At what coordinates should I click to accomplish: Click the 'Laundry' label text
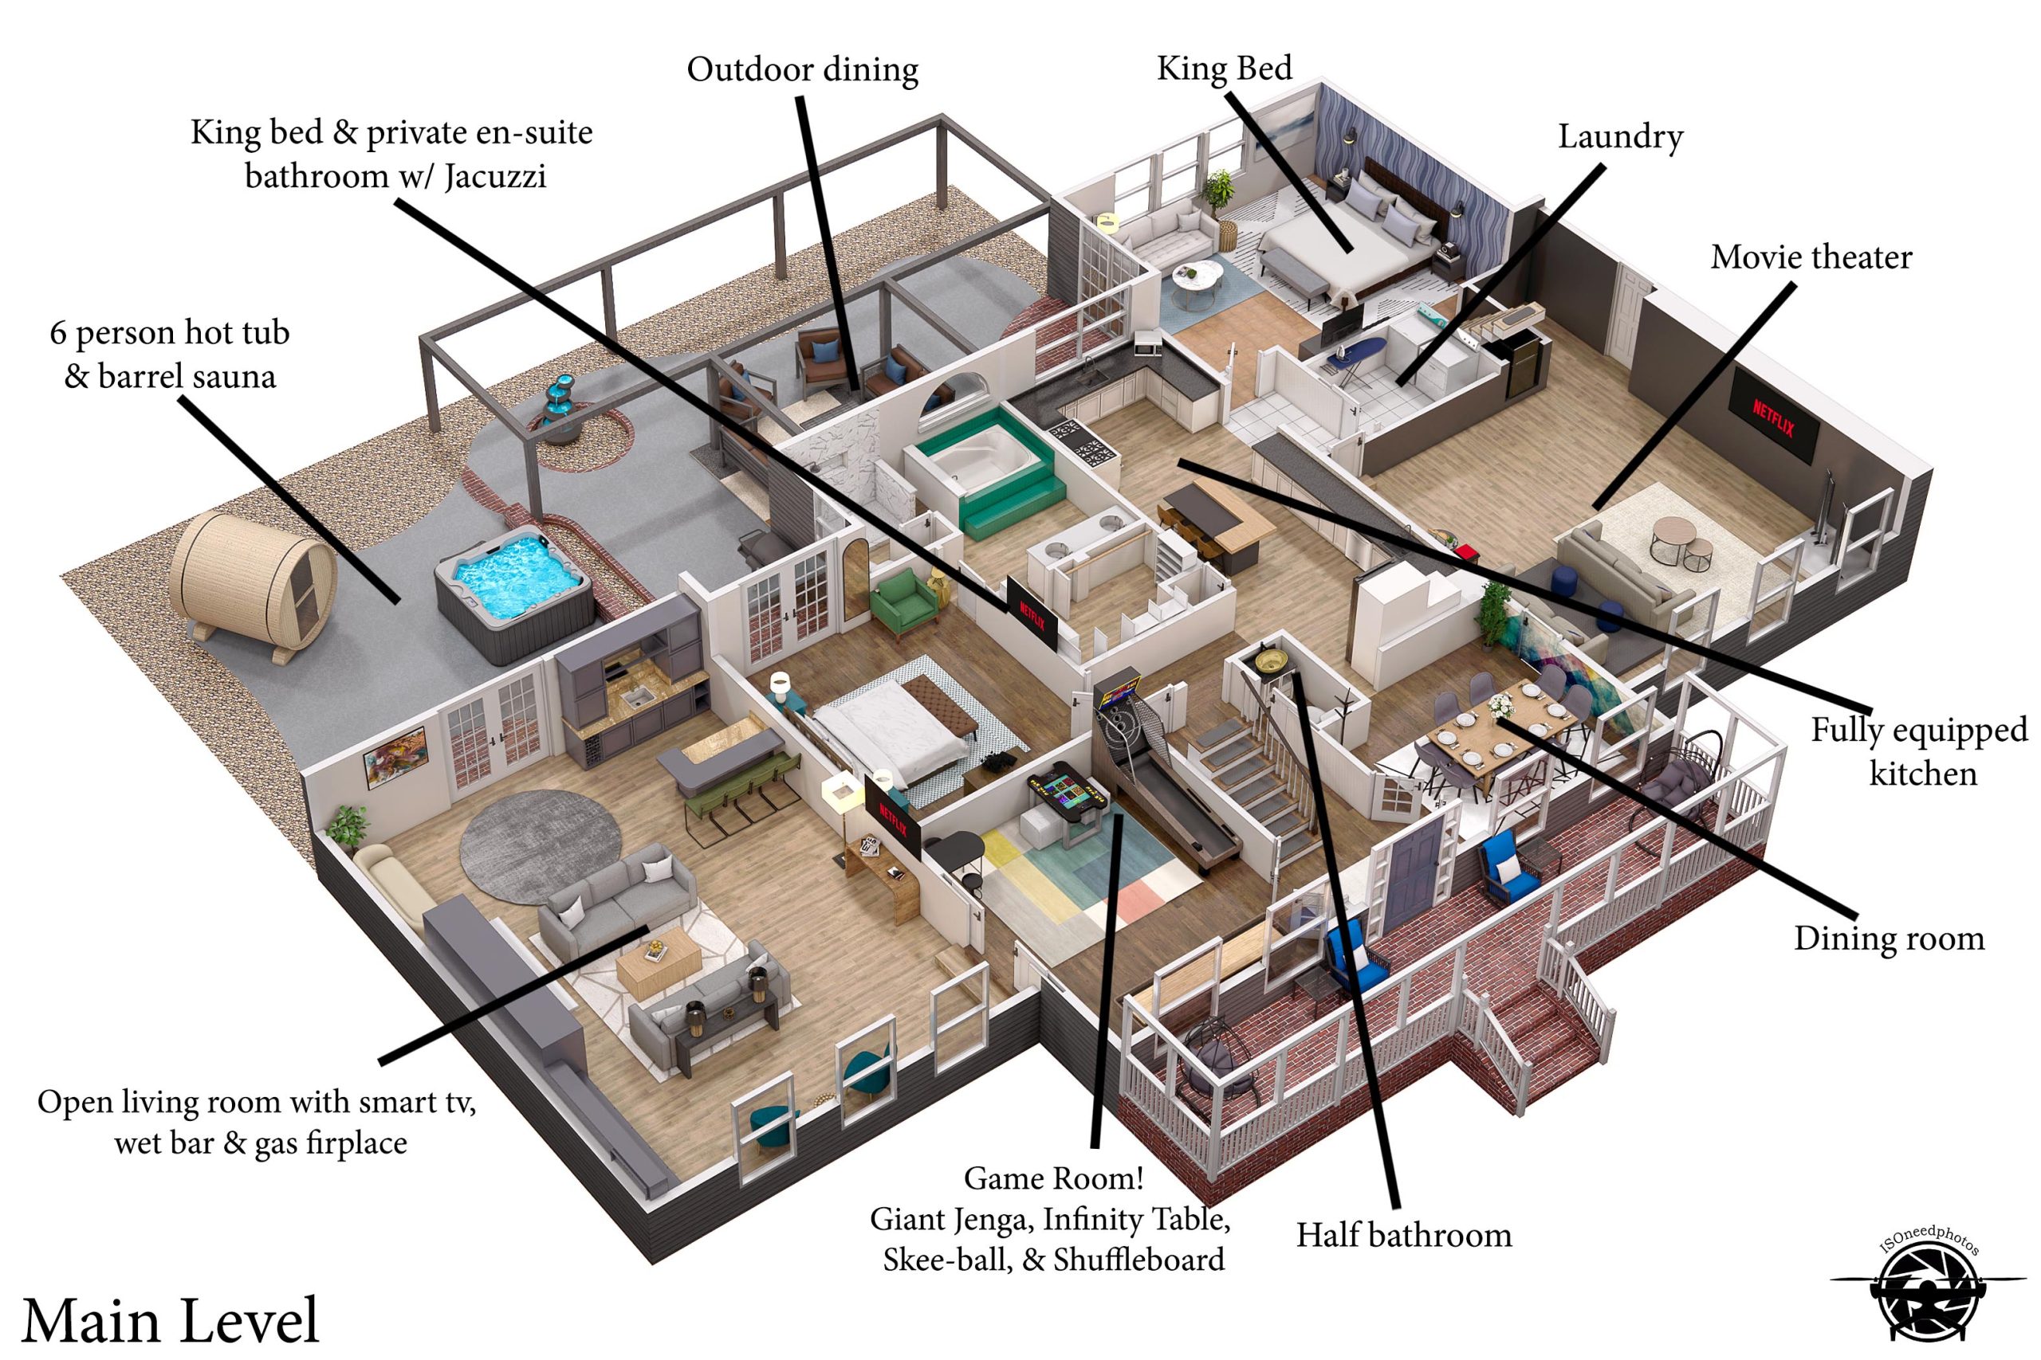pyautogui.click(x=1619, y=137)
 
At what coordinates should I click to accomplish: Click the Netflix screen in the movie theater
pyautogui.click(x=1773, y=419)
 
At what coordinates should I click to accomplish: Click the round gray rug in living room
pyautogui.click(x=541, y=845)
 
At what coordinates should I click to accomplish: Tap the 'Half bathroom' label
pyautogui.click(x=1403, y=1235)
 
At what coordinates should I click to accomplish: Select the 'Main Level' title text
pyautogui.click(x=170, y=1320)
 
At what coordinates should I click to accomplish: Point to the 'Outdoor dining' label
pyautogui.click(x=802, y=70)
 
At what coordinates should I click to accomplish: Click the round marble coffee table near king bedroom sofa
pyautogui.click(x=1197, y=280)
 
